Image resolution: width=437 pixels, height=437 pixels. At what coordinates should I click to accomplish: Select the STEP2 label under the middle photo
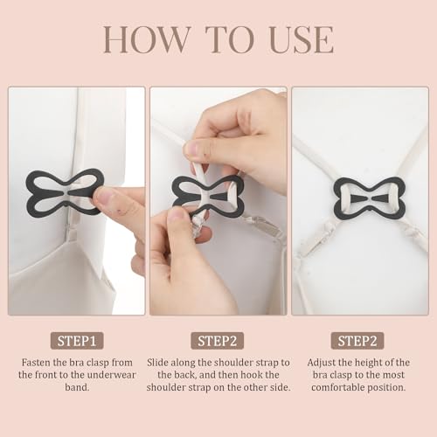(x=218, y=341)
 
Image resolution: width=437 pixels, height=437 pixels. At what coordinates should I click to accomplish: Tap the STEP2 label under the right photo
(x=361, y=341)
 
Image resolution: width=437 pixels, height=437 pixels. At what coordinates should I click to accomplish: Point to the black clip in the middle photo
(x=208, y=194)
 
